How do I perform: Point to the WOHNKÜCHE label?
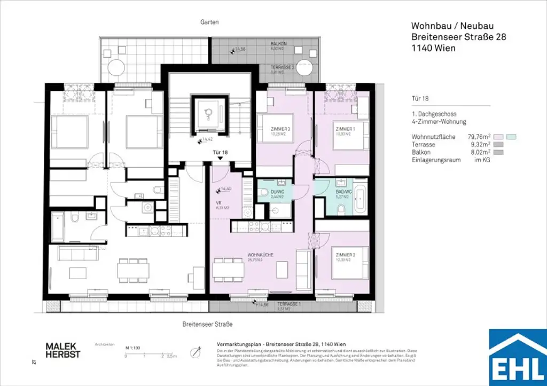[260, 256]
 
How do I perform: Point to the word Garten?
[210, 22]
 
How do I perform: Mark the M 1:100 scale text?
[133, 348]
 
